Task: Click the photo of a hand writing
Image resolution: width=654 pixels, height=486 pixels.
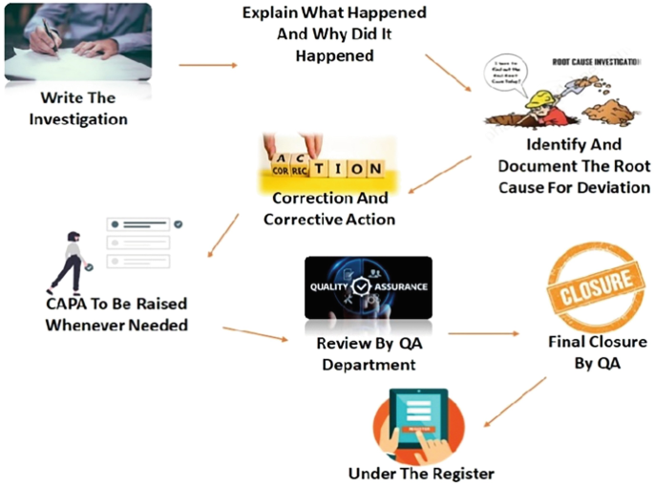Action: point(77,42)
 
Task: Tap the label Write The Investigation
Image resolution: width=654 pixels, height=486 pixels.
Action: point(77,109)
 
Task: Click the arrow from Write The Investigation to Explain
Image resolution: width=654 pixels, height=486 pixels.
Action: point(207,65)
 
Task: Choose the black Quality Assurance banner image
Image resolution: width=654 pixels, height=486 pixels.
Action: point(368,287)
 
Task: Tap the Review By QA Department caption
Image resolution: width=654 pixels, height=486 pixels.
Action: point(368,353)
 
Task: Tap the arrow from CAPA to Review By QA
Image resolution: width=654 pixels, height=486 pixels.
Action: point(254,334)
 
